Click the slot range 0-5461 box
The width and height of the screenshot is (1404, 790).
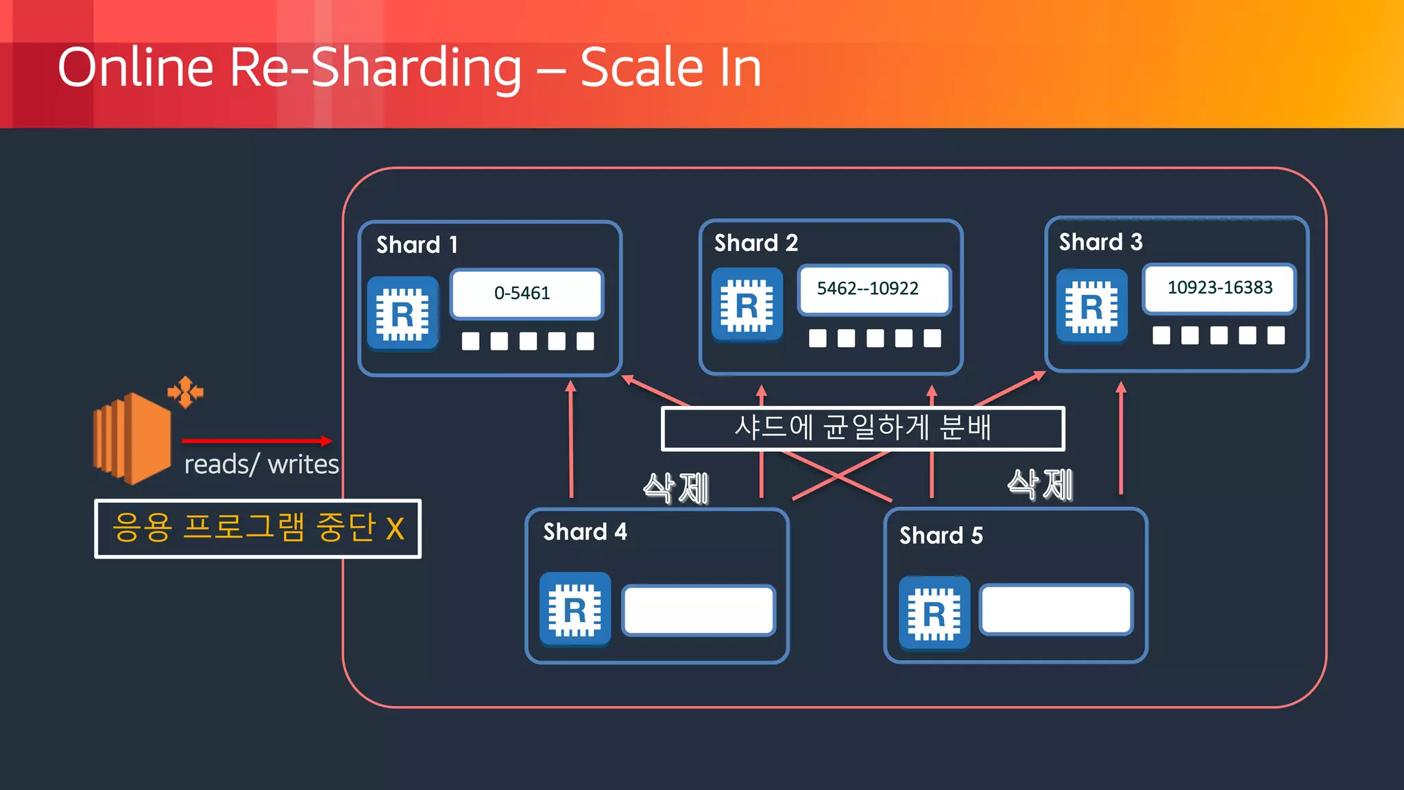tap(526, 294)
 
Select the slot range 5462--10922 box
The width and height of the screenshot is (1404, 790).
tap(874, 289)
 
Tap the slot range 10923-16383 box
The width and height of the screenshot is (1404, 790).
tap(1219, 288)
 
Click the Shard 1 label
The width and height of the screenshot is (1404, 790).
tap(417, 245)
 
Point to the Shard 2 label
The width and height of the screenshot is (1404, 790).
tap(755, 243)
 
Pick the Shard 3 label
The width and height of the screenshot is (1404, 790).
tap(1100, 242)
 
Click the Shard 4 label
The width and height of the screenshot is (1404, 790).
tap(585, 532)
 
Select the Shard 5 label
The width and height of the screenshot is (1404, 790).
tap(941, 536)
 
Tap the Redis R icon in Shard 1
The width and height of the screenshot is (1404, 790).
tap(402, 313)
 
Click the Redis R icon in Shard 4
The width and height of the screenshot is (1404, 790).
tap(574, 609)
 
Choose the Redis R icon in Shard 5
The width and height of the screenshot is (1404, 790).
tap(934, 612)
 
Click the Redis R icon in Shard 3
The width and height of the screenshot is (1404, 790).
tap(1091, 306)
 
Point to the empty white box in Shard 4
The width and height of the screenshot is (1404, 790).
tap(699, 610)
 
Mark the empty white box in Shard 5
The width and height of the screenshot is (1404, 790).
tap(1056, 609)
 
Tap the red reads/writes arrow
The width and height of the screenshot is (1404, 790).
tap(257, 441)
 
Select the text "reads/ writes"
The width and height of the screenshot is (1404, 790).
tap(261, 465)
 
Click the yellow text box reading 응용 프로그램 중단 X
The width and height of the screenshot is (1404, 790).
tap(258, 529)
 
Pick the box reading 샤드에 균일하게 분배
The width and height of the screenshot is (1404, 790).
tap(862, 429)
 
